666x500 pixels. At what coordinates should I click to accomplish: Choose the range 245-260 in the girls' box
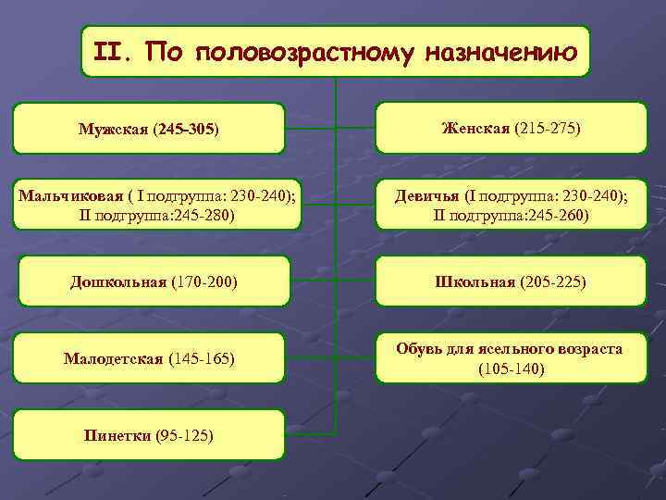(x=555, y=215)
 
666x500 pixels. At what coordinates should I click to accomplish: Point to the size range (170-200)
(x=203, y=281)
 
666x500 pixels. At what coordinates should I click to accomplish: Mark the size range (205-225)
(x=552, y=281)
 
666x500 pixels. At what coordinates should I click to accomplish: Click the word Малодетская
(x=114, y=357)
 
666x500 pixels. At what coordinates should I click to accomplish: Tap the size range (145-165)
(x=202, y=357)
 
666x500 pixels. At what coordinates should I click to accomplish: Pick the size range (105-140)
(x=511, y=369)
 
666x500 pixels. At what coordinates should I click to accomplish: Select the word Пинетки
(x=117, y=434)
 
